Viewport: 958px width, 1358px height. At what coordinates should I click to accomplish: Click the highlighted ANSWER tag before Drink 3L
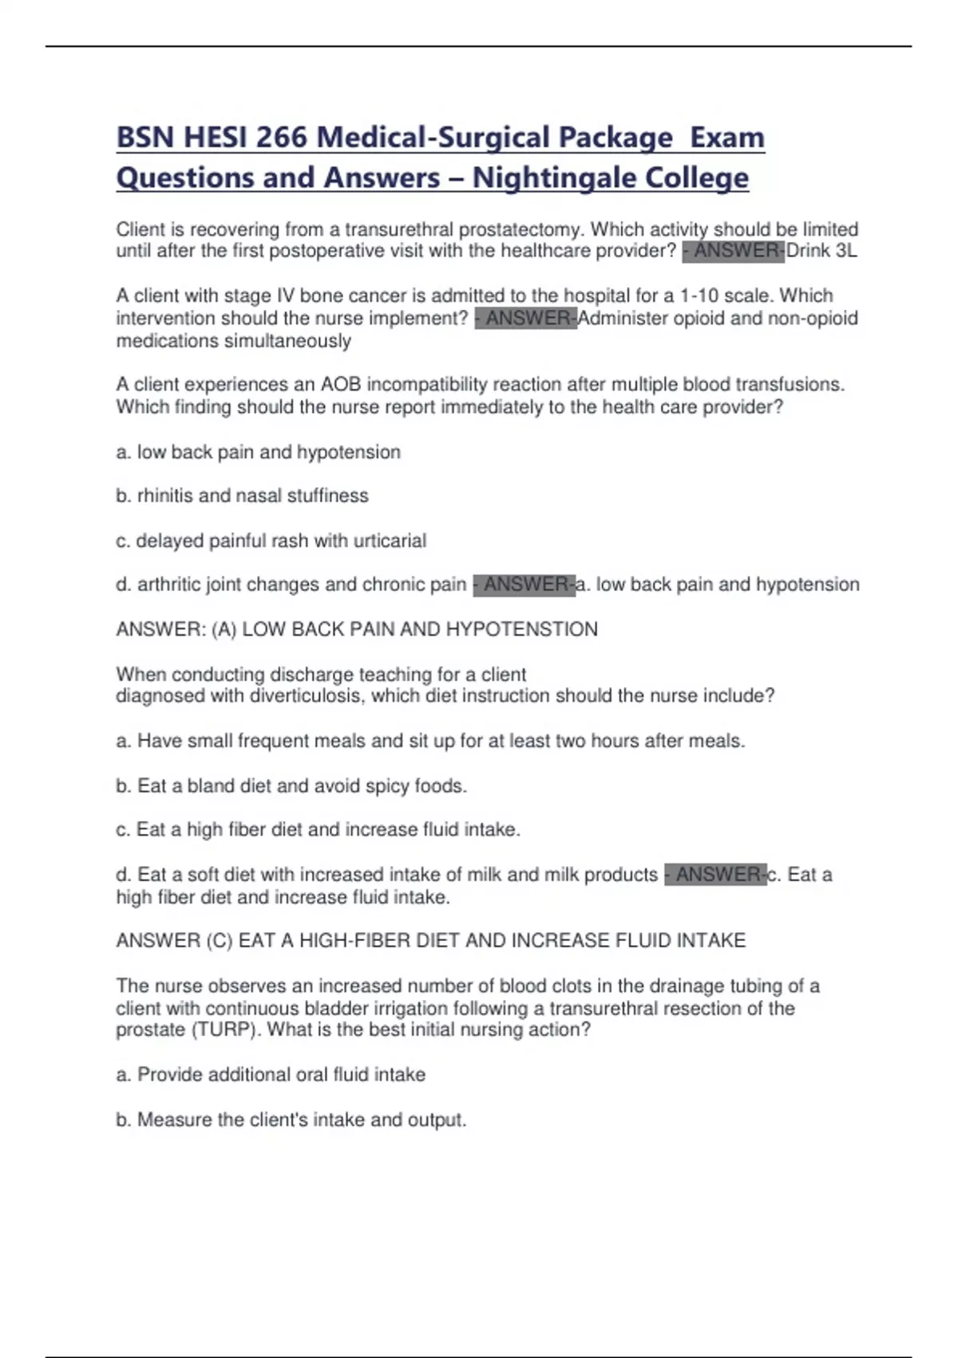(734, 251)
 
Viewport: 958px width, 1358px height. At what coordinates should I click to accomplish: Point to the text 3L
(845, 251)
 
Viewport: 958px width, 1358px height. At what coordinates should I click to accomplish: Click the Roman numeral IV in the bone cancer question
(285, 296)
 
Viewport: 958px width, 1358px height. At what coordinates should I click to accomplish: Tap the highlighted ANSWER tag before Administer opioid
(525, 318)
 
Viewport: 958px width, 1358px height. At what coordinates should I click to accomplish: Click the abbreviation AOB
(341, 384)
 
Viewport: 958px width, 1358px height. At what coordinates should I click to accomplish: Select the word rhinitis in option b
(165, 495)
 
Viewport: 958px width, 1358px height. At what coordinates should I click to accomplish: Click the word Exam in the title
(726, 137)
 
